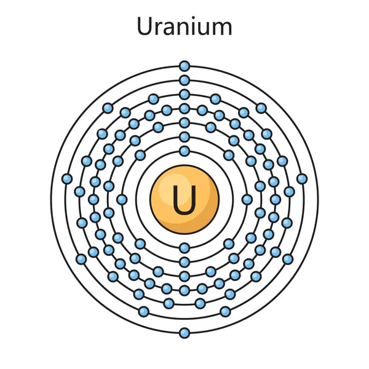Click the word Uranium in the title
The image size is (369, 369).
[x=184, y=26]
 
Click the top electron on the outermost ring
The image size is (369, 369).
[x=184, y=66]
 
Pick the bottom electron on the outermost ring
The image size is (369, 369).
[x=184, y=333]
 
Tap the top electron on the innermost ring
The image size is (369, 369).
[x=184, y=151]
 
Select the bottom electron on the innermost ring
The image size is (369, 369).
[x=184, y=248]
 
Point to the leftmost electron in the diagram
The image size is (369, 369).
[x=67, y=179]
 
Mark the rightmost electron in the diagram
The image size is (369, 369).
[x=302, y=179]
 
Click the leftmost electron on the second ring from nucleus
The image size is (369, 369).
[x=122, y=199]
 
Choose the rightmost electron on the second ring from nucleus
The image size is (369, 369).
[x=247, y=199]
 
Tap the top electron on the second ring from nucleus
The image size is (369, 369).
[x=184, y=137]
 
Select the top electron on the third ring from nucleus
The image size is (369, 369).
[x=184, y=122]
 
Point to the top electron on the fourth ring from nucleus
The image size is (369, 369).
[x=184, y=108]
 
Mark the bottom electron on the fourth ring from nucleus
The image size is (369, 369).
[x=184, y=290]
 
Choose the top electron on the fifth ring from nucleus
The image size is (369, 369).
[x=184, y=94]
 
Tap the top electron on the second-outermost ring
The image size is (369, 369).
[x=184, y=80]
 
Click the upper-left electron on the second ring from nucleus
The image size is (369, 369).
[x=141, y=155]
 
